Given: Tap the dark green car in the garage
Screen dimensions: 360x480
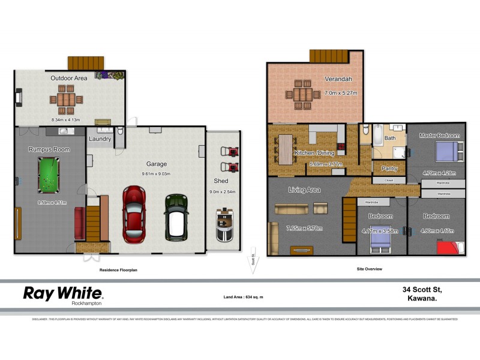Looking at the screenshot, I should [176, 215].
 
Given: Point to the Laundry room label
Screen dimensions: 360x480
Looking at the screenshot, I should [100, 139].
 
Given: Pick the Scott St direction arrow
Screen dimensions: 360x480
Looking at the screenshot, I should [253, 263].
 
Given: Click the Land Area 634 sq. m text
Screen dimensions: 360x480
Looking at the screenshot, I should [243, 297].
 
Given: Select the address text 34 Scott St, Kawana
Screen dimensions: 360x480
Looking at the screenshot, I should [427, 293].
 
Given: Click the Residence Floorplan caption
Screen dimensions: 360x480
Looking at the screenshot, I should [118, 270].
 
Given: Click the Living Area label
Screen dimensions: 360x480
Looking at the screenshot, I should [304, 190].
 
